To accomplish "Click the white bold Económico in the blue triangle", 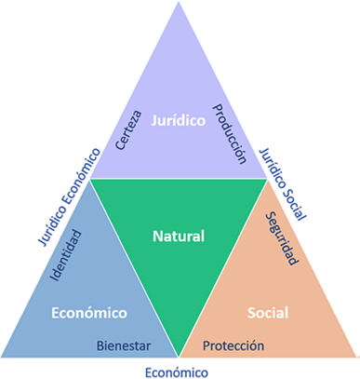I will pyautogui.click(x=88, y=311).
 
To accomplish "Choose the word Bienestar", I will pyautogui.click(x=125, y=346).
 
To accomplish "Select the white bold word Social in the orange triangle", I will pyautogui.click(x=268, y=311).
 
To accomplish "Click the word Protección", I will pyautogui.click(x=233, y=346).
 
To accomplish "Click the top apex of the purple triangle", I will pyautogui.click(x=180, y=4).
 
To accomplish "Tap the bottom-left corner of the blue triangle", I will pyautogui.click(x=5, y=357).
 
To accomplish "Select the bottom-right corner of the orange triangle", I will pyautogui.click(x=355, y=357).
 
